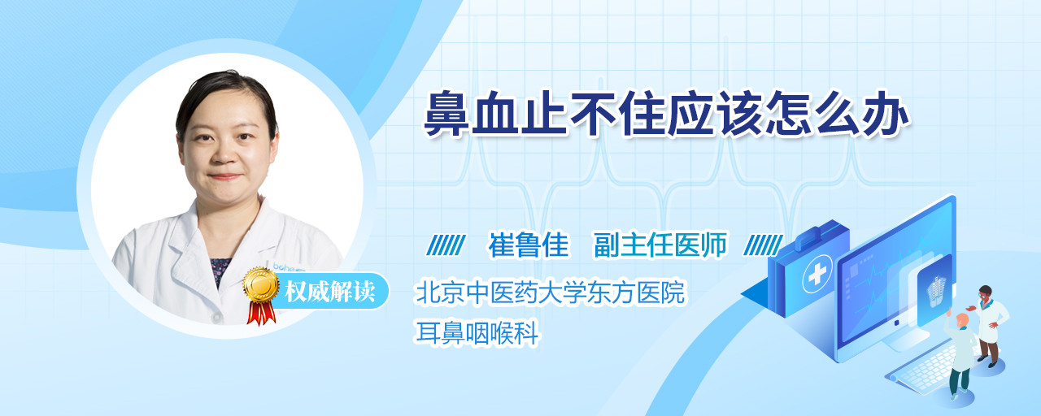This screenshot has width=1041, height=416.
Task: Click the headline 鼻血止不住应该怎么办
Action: [667, 114]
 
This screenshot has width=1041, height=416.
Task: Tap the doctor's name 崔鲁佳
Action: [529, 245]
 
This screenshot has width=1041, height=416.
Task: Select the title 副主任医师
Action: [660, 245]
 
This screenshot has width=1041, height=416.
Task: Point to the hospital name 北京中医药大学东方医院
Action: [551, 292]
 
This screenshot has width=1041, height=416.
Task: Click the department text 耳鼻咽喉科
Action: [477, 332]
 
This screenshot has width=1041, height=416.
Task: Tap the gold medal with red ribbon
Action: [261, 295]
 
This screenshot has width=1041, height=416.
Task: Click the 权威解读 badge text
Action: [330, 292]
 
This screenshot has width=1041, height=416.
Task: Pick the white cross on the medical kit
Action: [817, 274]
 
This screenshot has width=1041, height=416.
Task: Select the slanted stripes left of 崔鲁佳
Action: [446, 245]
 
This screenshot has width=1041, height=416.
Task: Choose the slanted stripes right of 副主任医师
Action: [763, 245]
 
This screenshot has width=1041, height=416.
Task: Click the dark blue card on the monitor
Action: [934, 290]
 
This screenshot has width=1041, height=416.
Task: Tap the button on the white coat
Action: [216, 317]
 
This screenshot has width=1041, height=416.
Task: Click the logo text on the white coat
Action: [288, 266]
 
